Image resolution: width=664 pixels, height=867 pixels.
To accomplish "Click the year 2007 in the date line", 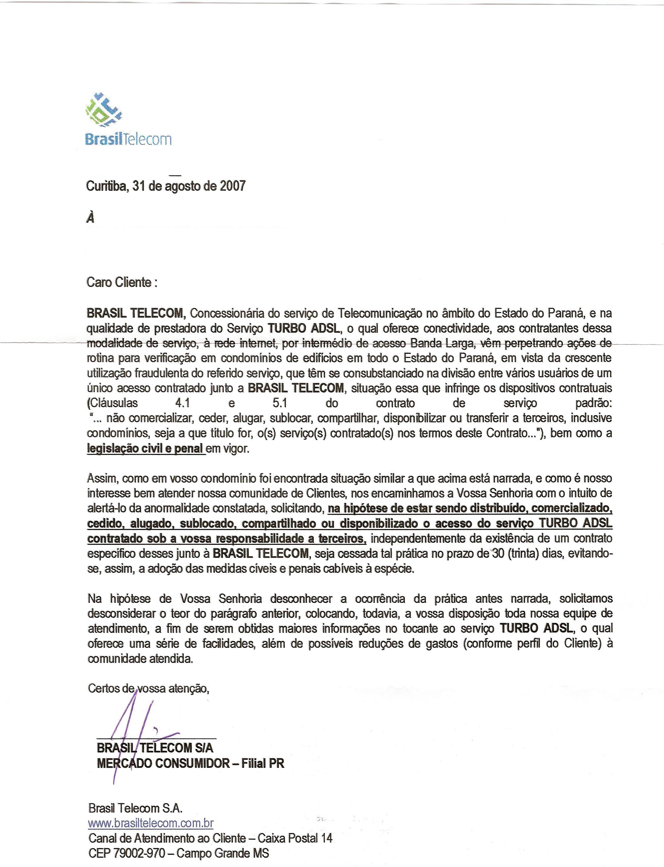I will tap(232, 186).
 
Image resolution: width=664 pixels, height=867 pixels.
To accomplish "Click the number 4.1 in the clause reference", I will tap(183, 403).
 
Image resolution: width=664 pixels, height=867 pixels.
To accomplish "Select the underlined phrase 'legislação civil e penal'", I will tap(145, 449).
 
